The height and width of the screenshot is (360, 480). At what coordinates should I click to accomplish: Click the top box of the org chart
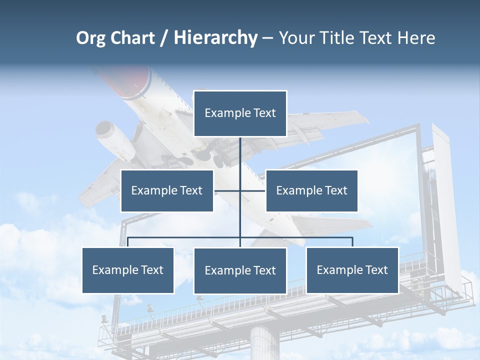click(240, 113)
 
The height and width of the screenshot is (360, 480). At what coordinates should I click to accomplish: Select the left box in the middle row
click(167, 190)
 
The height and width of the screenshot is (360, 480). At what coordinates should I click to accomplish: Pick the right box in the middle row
click(311, 190)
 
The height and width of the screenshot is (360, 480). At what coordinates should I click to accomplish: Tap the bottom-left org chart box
click(128, 270)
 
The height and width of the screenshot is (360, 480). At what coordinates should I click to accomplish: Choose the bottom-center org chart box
click(240, 270)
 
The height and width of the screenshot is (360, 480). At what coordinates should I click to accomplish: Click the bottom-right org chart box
click(352, 270)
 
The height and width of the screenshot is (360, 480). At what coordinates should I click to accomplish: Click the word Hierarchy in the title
click(215, 37)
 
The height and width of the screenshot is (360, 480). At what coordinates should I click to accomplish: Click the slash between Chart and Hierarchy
click(164, 38)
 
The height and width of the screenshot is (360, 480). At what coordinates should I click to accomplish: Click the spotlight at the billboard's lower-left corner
click(104, 318)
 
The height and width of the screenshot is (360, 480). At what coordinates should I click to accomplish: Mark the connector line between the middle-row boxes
click(239, 190)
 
